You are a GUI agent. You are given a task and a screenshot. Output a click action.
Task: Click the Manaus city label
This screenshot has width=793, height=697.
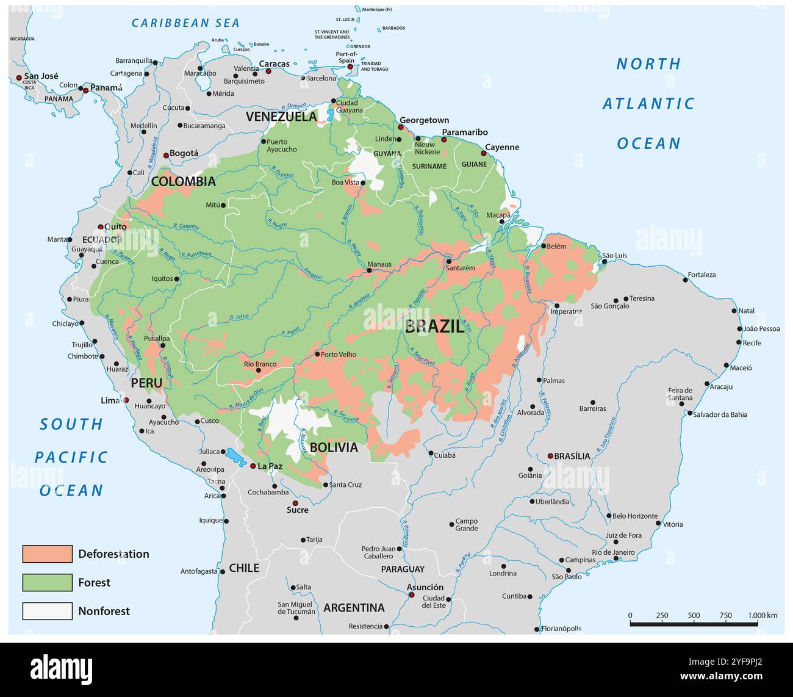379,265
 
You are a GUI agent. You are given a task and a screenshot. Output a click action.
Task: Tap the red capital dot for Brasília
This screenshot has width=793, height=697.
550,456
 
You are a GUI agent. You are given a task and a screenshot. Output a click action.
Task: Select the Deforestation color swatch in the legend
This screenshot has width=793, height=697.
47,554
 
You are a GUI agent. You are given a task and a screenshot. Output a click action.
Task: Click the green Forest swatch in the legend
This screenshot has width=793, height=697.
47,582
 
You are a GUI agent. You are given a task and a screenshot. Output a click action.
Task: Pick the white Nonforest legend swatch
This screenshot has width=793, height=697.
47,611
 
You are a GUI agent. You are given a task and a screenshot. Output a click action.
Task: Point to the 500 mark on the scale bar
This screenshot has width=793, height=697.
694,616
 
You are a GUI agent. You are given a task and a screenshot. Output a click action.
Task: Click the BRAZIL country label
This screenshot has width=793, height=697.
435,326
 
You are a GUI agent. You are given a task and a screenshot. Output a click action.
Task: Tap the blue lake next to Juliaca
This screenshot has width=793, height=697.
234,456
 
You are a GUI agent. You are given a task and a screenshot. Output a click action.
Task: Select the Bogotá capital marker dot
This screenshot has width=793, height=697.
165,156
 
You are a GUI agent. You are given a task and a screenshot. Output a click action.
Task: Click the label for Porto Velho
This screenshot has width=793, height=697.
339,355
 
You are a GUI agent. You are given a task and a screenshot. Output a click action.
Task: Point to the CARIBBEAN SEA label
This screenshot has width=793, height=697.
186,23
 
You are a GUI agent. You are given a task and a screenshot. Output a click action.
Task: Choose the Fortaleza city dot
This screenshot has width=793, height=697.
685,280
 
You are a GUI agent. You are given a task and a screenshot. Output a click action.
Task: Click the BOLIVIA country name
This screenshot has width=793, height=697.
334,447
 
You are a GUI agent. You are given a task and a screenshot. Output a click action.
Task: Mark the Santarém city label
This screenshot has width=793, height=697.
460,268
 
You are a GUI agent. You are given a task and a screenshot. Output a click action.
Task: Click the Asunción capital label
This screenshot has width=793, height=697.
425,587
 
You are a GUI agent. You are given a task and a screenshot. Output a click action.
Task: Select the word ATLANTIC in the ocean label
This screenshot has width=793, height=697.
648,104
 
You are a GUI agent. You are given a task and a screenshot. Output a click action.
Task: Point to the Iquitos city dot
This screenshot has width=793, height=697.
177,279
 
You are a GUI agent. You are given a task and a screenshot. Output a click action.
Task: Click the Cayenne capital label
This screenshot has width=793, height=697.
502,147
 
